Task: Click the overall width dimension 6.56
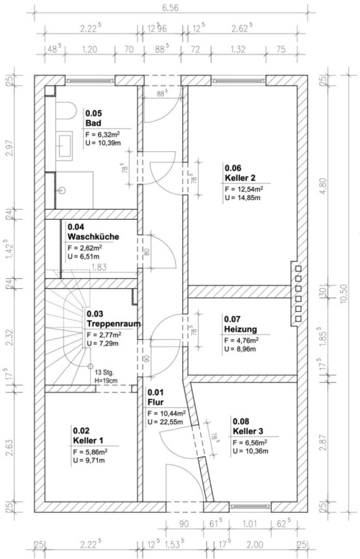[170, 8]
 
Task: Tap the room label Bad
[93, 123]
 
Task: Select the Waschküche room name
[93, 237]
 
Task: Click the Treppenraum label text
[114, 324]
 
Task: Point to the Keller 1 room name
[88, 441]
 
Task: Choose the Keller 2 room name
[240, 178]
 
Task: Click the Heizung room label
[240, 329]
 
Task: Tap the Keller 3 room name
[248, 431]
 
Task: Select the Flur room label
[156, 402]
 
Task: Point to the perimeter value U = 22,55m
[165, 423]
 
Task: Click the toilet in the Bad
[66, 111]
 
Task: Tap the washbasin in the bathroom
[64, 144]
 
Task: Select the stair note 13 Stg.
[104, 373]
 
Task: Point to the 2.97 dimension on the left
[10, 148]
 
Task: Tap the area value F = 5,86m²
[90, 452]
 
